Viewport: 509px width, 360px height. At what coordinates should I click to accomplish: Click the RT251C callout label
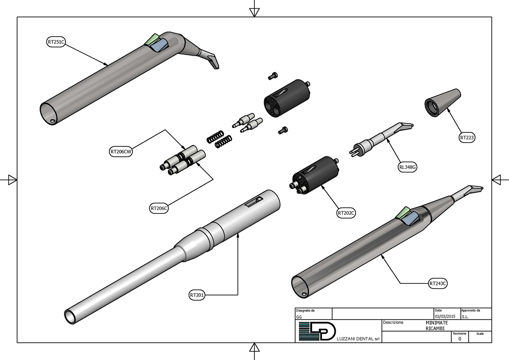tap(56, 42)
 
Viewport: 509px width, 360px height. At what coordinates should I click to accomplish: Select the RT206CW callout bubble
tap(121, 151)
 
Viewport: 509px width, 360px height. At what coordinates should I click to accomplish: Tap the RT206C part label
tap(159, 208)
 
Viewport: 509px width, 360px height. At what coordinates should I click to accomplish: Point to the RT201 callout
tap(197, 295)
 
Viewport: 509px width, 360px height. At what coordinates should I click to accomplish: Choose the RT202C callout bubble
tap(346, 213)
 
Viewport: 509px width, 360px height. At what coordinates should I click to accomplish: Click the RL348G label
tap(407, 167)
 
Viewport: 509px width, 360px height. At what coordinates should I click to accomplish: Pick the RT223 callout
tap(467, 137)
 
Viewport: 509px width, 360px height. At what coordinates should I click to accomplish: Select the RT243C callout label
tap(437, 284)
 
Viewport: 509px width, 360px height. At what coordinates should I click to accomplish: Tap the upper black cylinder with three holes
tap(286, 98)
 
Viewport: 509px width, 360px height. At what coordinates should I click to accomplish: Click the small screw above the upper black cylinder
tap(273, 76)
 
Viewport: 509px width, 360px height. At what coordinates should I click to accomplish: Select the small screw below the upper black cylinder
tap(283, 130)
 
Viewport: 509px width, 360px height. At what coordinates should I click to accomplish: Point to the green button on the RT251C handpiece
tap(152, 40)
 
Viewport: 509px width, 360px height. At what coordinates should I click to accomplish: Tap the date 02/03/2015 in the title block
tap(445, 316)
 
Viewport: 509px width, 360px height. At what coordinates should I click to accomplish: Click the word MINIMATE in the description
tap(437, 323)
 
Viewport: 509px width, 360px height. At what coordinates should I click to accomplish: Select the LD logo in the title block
tap(317, 331)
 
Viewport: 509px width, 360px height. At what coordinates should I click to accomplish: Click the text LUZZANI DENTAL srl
tap(358, 339)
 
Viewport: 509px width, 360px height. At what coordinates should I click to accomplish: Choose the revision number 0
tap(459, 339)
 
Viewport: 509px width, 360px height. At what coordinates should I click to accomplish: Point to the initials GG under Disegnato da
tap(299, 317)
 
